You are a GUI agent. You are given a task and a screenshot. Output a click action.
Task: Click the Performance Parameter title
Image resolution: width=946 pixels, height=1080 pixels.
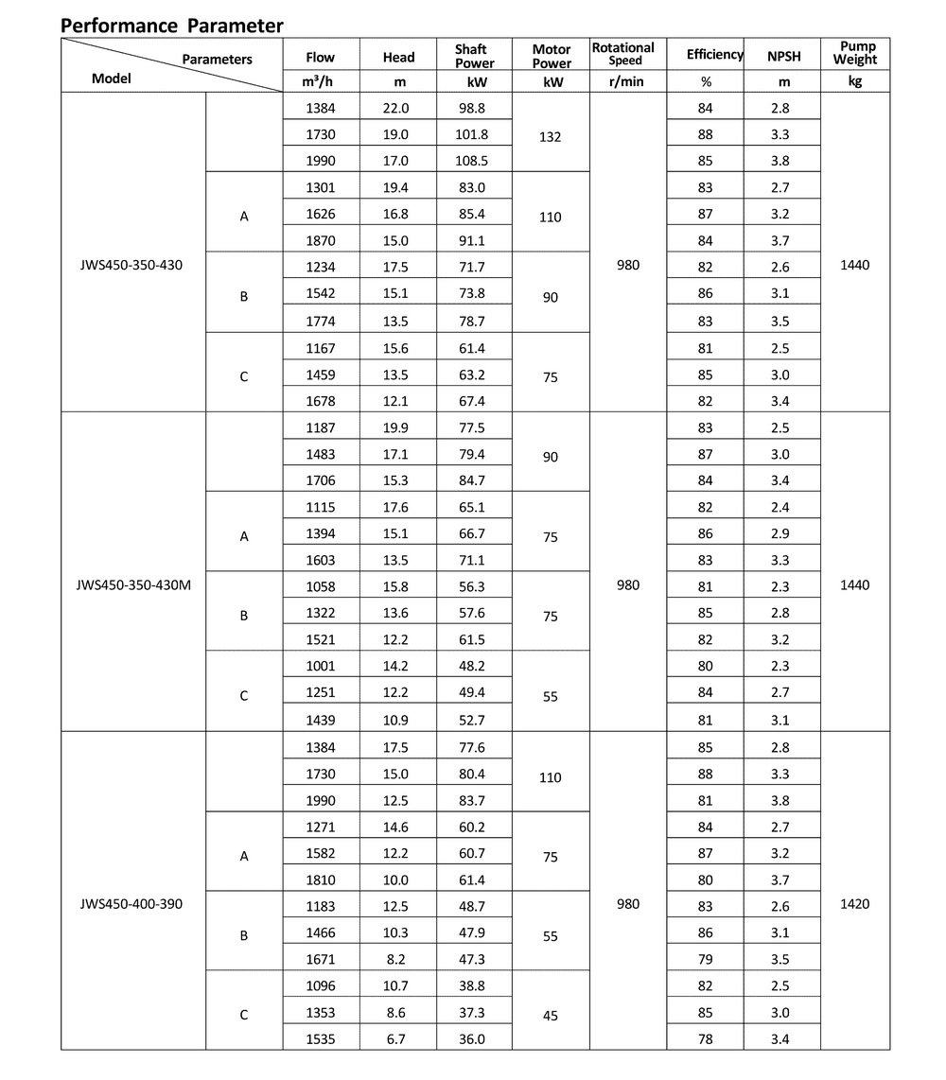coord(172,26)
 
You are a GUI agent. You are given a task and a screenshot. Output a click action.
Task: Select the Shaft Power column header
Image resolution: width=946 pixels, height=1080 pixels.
coord(474,56)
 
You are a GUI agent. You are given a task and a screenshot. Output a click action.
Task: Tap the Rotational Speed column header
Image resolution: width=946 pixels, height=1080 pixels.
coord(622,54)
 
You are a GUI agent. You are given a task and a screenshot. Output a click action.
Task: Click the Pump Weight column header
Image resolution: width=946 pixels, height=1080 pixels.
coord(855,53)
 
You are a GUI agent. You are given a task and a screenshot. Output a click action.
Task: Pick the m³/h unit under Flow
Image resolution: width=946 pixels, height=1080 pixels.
coord(320,81)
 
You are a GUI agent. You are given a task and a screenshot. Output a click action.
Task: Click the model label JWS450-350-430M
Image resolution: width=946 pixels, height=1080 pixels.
coord(133,584)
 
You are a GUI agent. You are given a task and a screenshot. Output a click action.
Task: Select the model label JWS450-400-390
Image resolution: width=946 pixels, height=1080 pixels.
coord(131,904)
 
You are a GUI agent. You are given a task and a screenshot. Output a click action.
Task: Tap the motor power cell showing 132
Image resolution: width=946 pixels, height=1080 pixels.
coord(550,136)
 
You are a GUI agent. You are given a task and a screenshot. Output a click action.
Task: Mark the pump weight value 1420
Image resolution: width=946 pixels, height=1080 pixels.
coord(854,904)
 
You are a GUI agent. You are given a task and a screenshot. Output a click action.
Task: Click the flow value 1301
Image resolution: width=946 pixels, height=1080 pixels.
coord(320,187)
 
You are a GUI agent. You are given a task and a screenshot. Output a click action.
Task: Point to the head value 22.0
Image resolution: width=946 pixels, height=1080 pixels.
coord(396,108)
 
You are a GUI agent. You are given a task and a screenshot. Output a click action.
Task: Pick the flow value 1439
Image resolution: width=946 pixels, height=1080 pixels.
coord(320,719)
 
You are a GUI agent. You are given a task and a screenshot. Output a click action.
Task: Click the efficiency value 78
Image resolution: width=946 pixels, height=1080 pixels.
coord(705,1038)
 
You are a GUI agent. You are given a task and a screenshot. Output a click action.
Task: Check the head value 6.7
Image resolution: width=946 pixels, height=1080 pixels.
coord(396,1038)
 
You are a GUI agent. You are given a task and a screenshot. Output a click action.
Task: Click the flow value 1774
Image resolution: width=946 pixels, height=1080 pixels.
coord(320,320)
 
